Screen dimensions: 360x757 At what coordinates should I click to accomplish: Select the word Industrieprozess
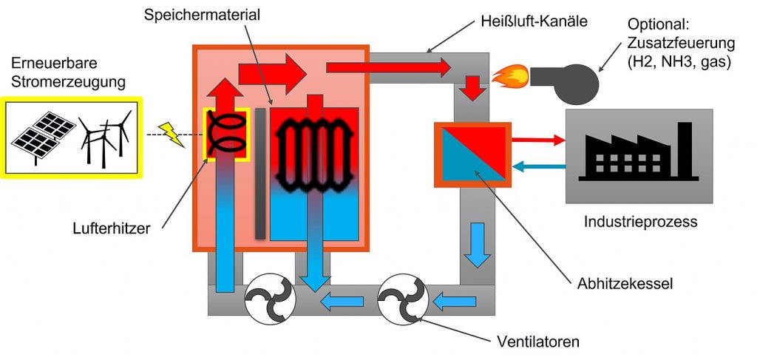tap(640, 221)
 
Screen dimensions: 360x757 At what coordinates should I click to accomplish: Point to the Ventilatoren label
tap(537, 342)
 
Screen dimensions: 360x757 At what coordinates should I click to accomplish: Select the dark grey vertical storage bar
tap(260, 174)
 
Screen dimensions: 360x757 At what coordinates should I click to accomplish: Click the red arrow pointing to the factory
tap(537, 138)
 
